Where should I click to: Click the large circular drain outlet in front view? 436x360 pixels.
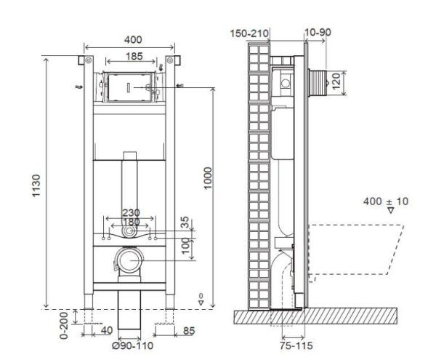click(129, 260)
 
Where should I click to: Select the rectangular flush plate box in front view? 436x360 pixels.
click(129, 88)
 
